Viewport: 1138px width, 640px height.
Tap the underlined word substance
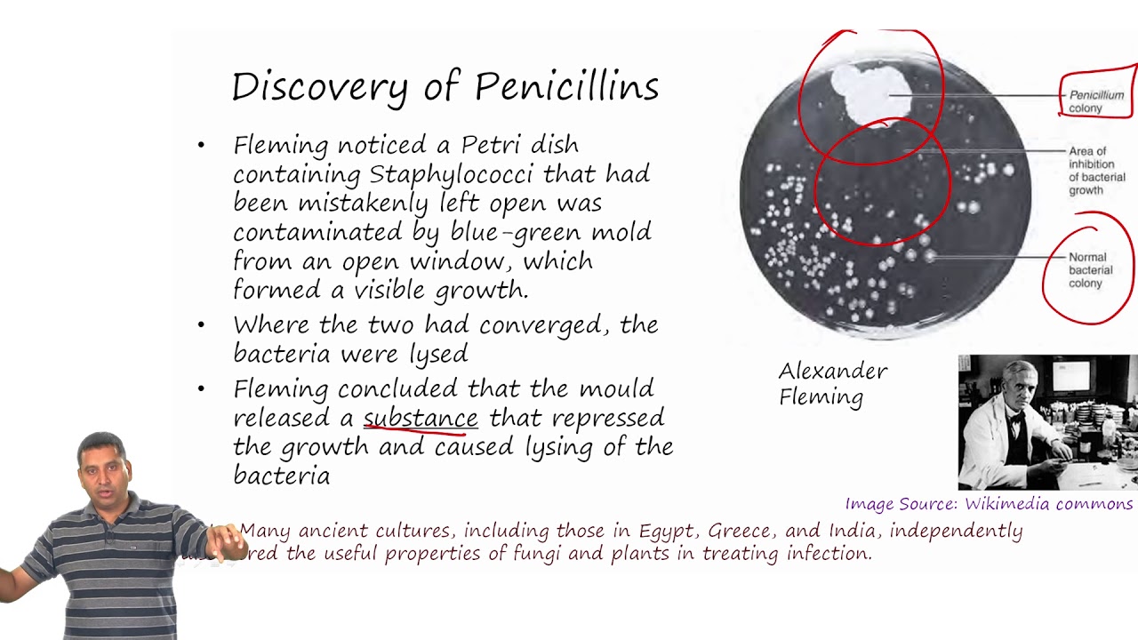pos(421,418)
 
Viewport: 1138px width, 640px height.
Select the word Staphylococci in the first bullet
pos(453,173)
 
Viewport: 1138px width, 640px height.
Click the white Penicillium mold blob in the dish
pos(869,93)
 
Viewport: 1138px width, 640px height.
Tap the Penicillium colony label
pos(1095,101)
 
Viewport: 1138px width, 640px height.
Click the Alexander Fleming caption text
pos(832,383)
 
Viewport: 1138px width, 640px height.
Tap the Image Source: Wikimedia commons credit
pos(989,504)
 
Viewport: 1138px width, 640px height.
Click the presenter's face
pos(105,469)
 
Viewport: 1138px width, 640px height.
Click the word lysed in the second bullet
pos(438,354)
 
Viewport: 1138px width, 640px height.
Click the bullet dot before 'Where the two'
pos(202,325)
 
